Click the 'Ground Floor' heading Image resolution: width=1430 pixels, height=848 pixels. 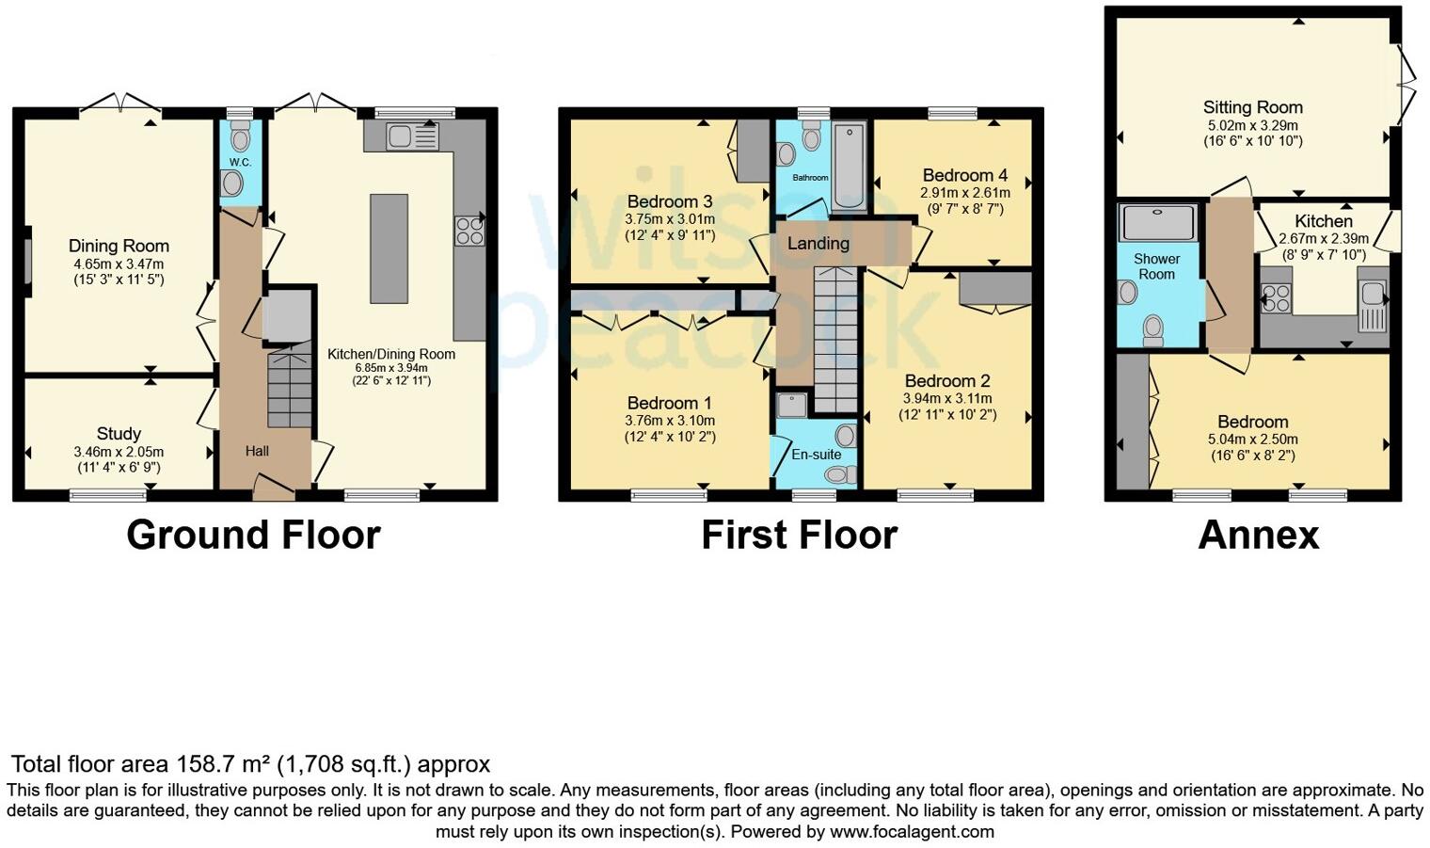pos(253,535)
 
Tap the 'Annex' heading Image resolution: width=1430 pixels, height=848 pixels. pos(1258,535)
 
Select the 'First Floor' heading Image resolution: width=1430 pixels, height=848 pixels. pos(799,535)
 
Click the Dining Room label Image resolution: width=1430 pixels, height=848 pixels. pos(119,247)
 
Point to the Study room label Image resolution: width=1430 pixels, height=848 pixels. pos(119,434)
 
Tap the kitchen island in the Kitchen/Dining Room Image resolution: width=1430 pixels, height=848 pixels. pos(389,248)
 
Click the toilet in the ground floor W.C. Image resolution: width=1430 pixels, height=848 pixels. pos(241,139)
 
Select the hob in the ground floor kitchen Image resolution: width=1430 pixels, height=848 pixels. pos(469,231)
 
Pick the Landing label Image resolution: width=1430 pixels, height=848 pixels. pos(818,244)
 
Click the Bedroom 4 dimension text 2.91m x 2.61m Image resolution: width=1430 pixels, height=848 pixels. pos(964,192)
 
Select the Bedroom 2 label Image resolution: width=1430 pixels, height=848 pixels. pos(946,381)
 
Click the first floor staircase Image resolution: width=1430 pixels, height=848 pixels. pos(835,339)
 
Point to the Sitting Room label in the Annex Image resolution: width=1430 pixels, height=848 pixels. pos(1252,107)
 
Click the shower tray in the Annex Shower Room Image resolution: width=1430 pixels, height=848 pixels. pos(1157,223)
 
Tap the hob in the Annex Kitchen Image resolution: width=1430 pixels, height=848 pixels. pos(1276,298)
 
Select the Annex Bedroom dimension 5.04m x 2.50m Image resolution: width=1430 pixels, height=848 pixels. pos(1252,440)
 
